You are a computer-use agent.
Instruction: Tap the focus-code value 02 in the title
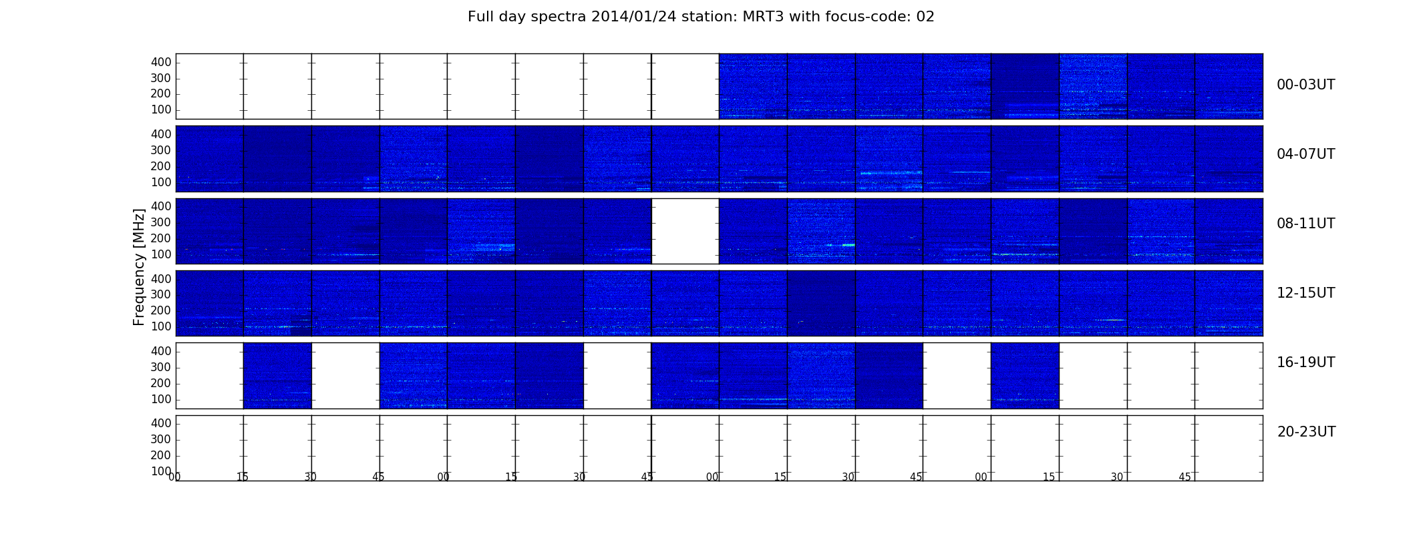click(x=925, y=17)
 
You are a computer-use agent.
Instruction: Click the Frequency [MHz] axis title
click(x=139, y=267)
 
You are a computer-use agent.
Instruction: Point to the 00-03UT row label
click(x=1305, y=85)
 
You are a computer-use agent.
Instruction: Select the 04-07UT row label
click(x=1305, y=154)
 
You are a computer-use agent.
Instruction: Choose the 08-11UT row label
click(x=1305, y=224)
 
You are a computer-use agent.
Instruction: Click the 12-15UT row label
click(x=1305, y=293)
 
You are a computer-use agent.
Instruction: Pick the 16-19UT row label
click(x=1305, y=362)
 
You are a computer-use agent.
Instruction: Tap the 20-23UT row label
click(x=1306, y=432)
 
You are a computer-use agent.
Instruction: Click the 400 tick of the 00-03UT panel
click(x=161, y=62)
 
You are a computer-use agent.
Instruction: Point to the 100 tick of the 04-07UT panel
click(x=161, y=182)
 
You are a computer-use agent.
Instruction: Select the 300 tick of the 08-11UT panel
click(x=161, y=222)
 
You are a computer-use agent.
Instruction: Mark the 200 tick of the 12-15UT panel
click(x=161, y=310)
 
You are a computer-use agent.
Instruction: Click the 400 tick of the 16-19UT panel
click(x=161, y=351)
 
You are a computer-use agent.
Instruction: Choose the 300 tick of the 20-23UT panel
click(x=161, y=439)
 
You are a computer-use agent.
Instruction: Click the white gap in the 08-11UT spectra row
click(x=685, y=231)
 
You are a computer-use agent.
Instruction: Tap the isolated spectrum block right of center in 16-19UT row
click(x=1025, y=376)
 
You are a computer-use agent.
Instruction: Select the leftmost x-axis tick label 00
click(x=174, y=477)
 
